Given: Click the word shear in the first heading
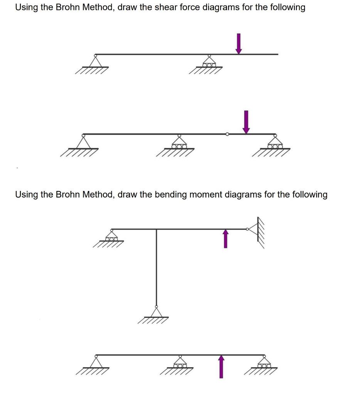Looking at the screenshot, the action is click(161, 7).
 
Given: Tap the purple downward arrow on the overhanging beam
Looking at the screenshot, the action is click(239, 44).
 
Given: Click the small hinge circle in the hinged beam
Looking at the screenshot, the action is click(227, 134).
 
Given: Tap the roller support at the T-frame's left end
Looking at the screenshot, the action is click(112, 235).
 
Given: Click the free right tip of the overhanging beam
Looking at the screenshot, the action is click(277, 54).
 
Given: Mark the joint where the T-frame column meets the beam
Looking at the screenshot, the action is click(156, 229).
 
